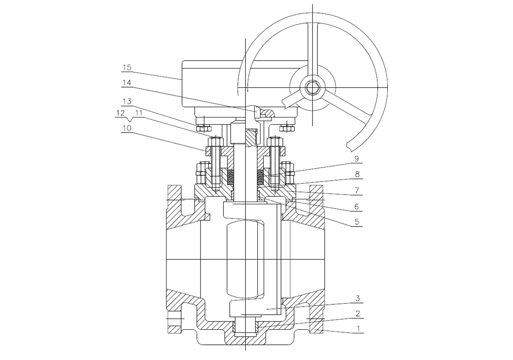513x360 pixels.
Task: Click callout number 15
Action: tap(127, 67)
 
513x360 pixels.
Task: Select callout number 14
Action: tap(127, 83)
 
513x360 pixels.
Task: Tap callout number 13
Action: tap(127, 101)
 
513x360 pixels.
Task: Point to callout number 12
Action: tap(120, 113)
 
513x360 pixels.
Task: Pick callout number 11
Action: tap(139, 113)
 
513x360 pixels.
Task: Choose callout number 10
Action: tap(127, 128)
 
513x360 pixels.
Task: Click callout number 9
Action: tap(357, 158)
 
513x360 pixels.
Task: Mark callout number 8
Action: tap(357, 174)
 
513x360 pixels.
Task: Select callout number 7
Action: tap(357, 190)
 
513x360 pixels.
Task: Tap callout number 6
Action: tap(357, 206)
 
